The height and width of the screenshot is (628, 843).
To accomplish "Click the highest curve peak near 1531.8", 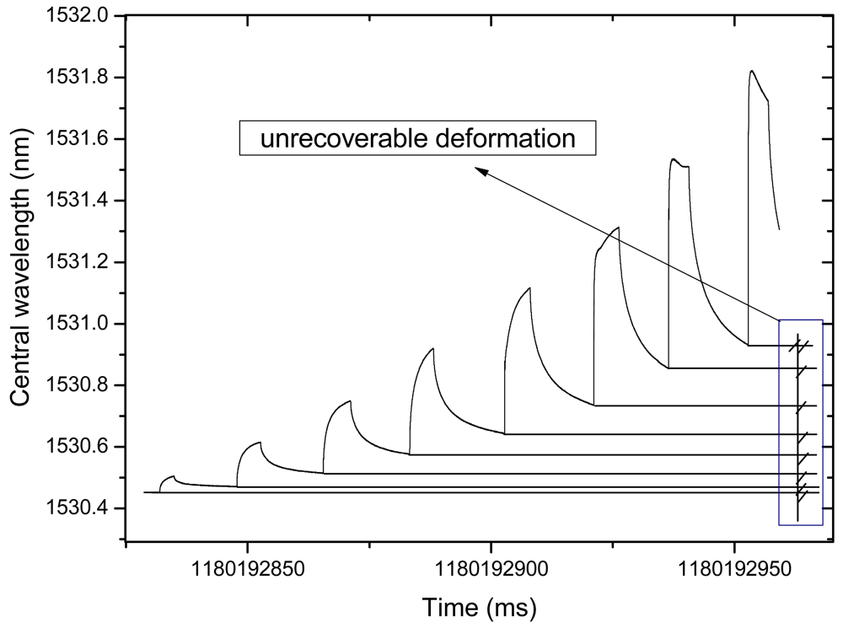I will click(x=751, y=71).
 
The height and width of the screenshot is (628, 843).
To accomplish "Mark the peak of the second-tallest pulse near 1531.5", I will click(x=674, y=159).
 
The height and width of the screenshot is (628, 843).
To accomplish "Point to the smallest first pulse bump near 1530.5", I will click(x=172, y=476).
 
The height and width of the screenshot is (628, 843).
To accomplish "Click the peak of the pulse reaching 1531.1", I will click(x=529, y=288).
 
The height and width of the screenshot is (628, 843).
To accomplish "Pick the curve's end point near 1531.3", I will click(x=779, y=228).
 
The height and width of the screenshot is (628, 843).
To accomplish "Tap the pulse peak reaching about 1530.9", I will click(x=432, y=348).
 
